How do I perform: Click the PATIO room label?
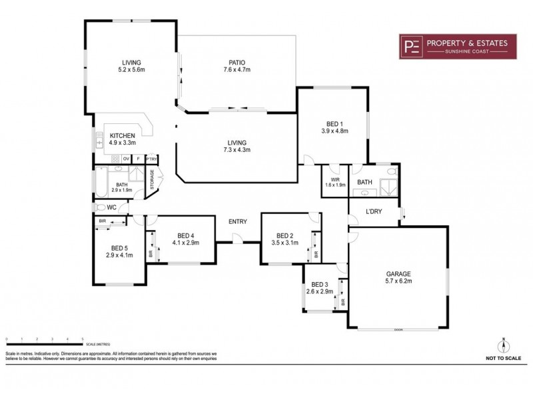pos(237,63)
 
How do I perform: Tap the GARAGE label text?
pos(398,273)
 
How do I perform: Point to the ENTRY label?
pos(237,221)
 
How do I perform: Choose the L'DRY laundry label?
pos(374,212)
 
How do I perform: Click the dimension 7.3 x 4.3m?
pos(237,150)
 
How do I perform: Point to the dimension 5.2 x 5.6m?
pos(131,70)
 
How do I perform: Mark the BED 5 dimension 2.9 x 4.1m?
pos(119,255)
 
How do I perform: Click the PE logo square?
pos(412,46)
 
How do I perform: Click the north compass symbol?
pos(504,345)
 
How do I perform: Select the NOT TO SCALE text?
pos(503,359)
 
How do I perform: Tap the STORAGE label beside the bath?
pos(152,180)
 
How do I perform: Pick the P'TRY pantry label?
pos(151,159)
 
